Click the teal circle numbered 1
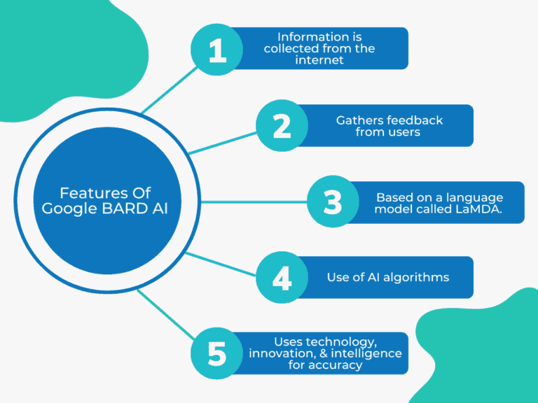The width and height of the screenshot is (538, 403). pyautogui.click(x=218, y=50)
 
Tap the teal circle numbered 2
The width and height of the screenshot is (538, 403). pyautogui.click(x=282, y=126)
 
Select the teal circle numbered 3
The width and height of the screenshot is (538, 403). pyautogui.click(x=333, y=202)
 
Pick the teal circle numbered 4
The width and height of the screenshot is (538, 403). pyautogui.click(x=282, y=278)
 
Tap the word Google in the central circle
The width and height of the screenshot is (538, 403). pyautogui.click(x=67, y=208)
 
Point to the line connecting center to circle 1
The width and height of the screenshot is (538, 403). pyautogui.click(x=168, y=90)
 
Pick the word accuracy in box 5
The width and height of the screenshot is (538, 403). pyautogui.click(x=334, y=365)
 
